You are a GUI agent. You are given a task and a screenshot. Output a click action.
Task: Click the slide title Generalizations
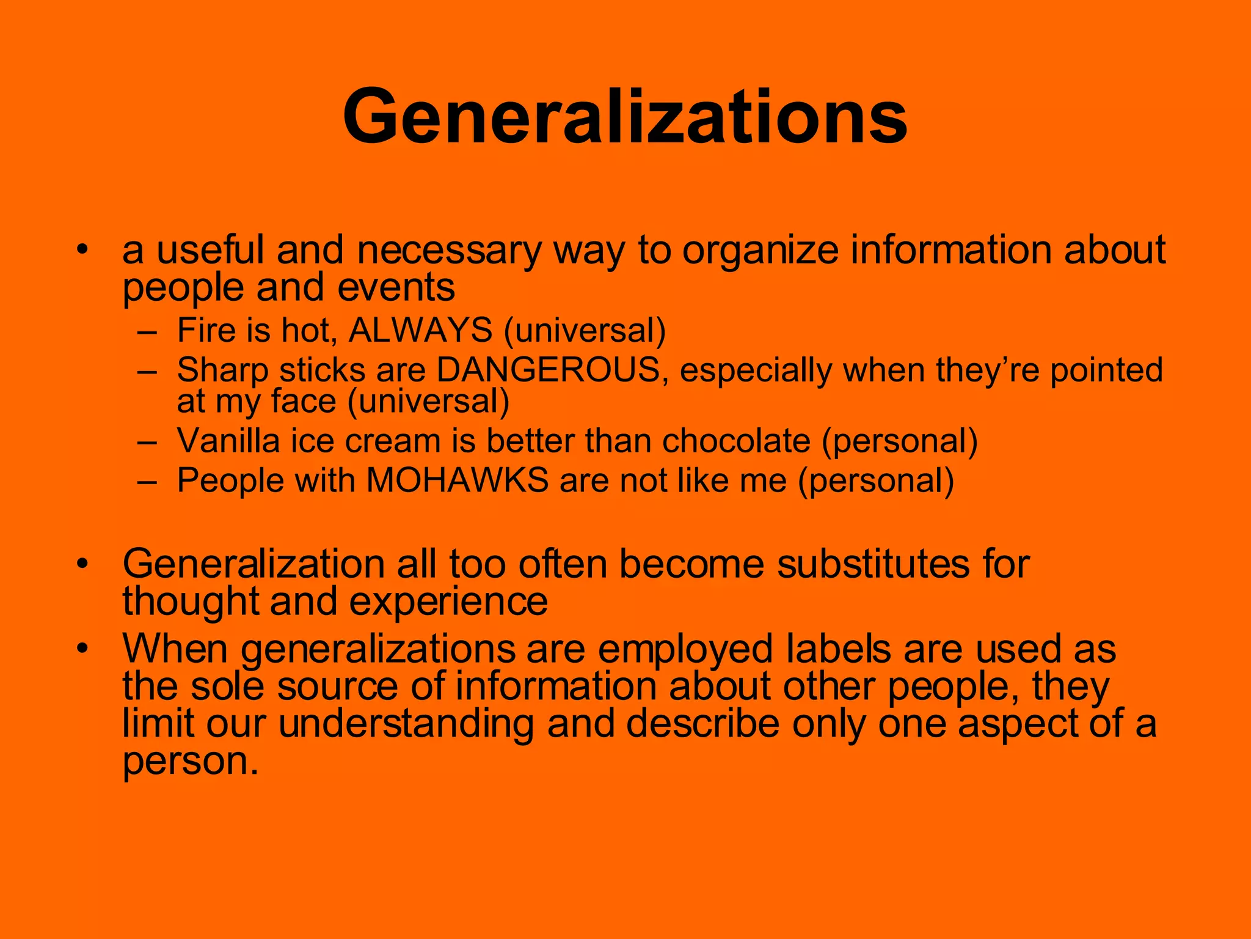624,116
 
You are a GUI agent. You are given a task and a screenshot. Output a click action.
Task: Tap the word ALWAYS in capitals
420,331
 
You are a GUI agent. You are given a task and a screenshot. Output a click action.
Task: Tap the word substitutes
873,563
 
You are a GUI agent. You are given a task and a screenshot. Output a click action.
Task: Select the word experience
448,602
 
